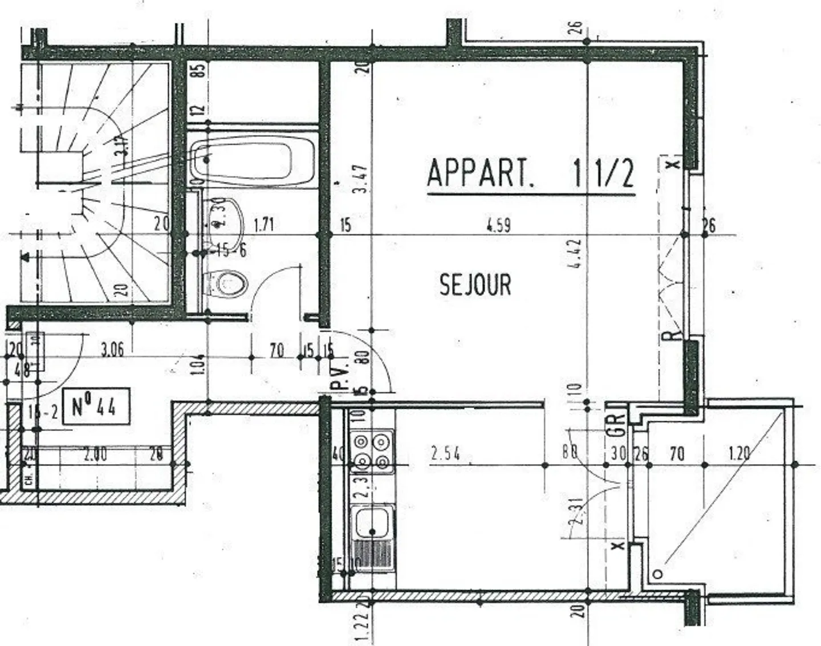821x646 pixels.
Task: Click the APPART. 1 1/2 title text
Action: tap(530, 173)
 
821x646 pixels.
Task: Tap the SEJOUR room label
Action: tap(475, 285)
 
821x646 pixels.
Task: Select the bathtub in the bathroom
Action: tap(253, 160)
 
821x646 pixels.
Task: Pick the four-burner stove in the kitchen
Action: tap(372, 451)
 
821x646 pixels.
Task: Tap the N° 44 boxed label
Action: tap(95, 407)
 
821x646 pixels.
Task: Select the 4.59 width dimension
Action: tap(498, 225)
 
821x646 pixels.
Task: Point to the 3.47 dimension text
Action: tap(360, 179)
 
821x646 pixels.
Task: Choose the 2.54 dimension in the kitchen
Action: tap(445, 454)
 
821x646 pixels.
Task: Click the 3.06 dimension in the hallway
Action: tap(112, 350)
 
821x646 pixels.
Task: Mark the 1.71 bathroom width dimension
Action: tap(263, 225)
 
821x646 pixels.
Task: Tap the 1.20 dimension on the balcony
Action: tap(739, 454)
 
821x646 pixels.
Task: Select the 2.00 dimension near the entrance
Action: tap(95, 455)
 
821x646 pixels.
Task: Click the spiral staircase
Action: tap(94, 182)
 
